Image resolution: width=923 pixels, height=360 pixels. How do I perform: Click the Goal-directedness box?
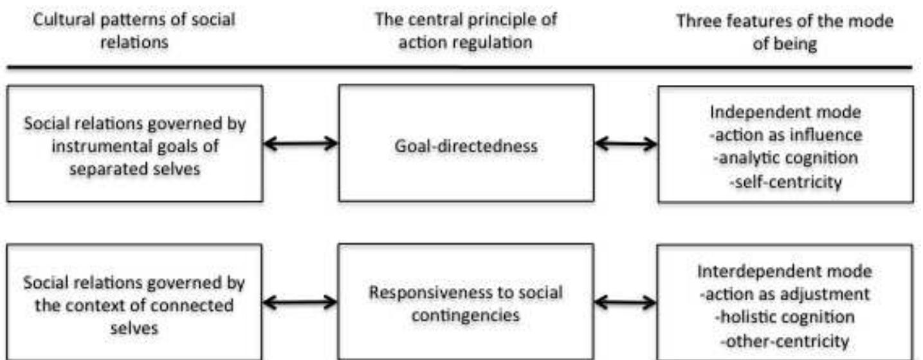[466, 144]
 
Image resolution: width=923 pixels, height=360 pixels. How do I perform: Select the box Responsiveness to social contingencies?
[466, 303]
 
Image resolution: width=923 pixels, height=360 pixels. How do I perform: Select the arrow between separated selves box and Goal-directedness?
[300, 144]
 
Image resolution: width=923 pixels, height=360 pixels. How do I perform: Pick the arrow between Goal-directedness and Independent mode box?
[625, 144]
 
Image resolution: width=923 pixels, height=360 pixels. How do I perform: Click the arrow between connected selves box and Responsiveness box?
[300, 301]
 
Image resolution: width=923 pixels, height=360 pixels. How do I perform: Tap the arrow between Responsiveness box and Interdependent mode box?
[625, 301]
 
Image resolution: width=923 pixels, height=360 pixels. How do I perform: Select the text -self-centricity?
[785, 182]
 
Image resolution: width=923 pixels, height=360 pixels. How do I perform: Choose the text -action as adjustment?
[785, 294]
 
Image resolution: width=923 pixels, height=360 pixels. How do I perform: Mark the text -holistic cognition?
[785, 317]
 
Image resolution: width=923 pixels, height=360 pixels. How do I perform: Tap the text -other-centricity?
[785, 341]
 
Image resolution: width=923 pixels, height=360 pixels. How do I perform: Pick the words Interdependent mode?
[785, 271]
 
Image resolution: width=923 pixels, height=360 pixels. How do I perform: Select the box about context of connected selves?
[134, 303]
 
